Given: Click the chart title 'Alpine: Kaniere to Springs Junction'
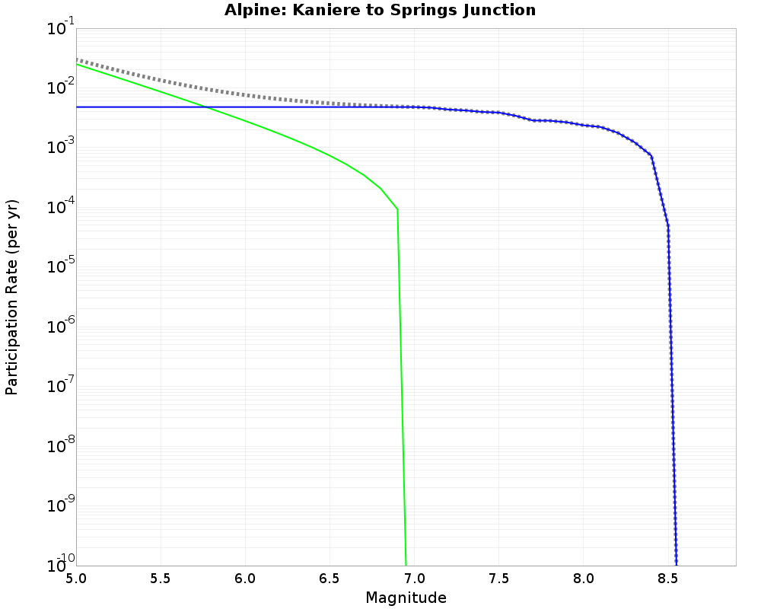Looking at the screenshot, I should point(380,11).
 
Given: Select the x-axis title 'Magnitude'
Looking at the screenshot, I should point(406,598).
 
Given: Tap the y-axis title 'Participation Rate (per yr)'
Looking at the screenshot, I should point(12,297).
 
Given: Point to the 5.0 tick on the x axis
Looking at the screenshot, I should point(76,579).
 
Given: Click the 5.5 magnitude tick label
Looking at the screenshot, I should point(161,579).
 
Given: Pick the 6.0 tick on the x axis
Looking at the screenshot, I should point(245,579).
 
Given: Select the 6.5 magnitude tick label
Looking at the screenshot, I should point(330,579).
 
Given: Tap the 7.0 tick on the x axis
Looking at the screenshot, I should point(414,579).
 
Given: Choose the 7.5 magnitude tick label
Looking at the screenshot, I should point(498,579).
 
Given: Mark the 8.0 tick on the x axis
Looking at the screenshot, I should point(584,579).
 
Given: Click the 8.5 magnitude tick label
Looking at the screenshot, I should point(668,579).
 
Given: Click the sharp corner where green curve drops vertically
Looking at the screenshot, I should point(397,209).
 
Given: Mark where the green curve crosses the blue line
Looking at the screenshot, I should point(205,107).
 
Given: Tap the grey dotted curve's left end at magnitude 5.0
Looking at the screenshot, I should point(78,59).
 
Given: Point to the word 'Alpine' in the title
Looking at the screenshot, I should point(247,11).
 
